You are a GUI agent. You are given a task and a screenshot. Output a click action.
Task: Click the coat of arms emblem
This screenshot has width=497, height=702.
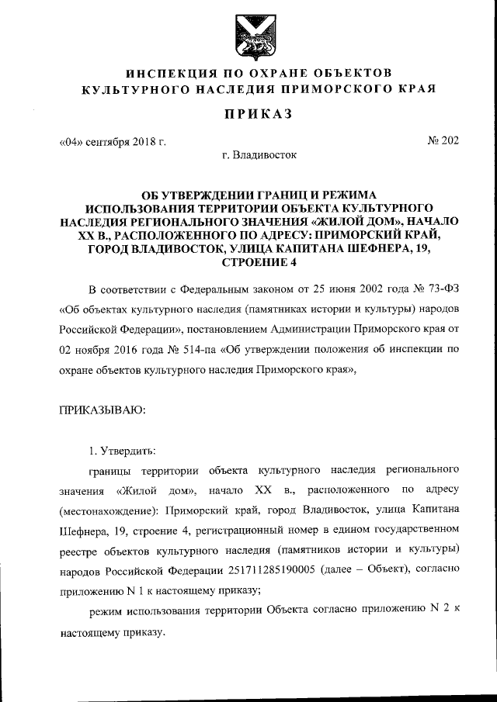point(248,36)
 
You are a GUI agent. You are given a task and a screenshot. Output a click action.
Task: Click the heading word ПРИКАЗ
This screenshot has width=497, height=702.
point(248,115)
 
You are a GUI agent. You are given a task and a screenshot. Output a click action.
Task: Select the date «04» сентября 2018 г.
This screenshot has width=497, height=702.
point(113,142)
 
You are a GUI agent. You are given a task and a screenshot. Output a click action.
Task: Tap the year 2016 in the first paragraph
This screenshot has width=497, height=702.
point(115,350)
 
